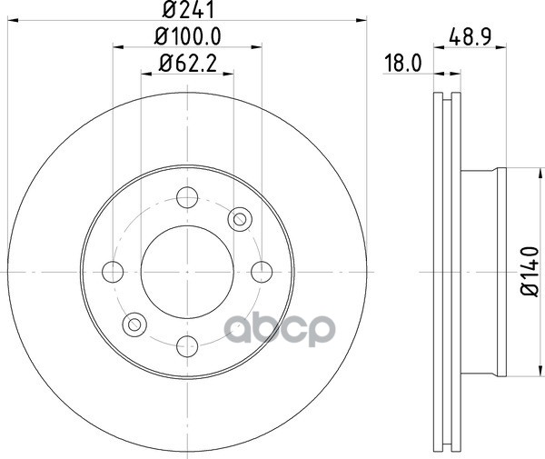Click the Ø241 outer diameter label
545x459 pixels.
[x=188, y=9]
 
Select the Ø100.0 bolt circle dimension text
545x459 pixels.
[x=188, y=36]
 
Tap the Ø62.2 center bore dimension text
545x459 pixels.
[x=188, y=64]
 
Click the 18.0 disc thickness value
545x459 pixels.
[x=403, y=64]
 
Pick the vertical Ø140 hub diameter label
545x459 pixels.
[x=530, y=272]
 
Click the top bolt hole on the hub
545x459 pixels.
[x=187, y=197]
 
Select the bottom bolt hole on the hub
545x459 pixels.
[x=187, y=346]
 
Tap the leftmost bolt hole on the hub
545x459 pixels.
[x=113, y=272]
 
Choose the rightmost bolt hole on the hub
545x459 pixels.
[x=262, y=272]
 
